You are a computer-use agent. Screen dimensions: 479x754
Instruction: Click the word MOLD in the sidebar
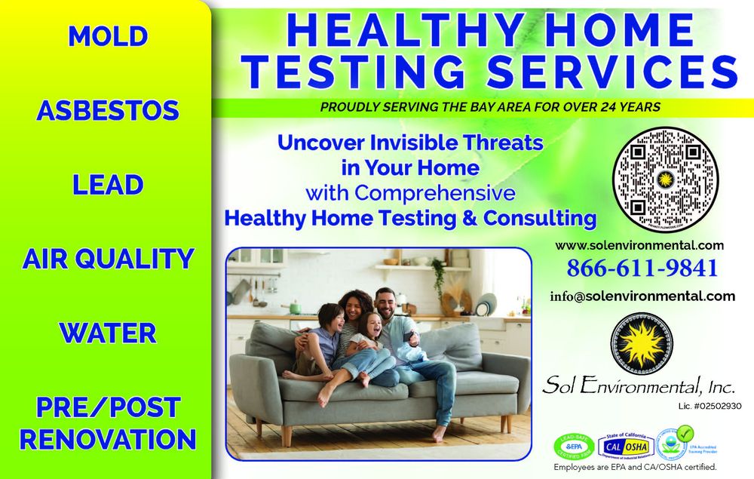107,36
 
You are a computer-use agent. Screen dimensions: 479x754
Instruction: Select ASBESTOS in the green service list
108,111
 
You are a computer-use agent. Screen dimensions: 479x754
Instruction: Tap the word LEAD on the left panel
108,185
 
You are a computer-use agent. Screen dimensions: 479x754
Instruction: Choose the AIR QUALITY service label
108,259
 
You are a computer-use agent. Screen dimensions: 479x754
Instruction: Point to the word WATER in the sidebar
108,333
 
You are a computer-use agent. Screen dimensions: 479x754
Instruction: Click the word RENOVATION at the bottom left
108,438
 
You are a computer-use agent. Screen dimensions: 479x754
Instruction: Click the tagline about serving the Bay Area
490,107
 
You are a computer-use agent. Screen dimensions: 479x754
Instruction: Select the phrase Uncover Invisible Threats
411,142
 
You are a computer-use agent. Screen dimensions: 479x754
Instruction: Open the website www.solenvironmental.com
639,245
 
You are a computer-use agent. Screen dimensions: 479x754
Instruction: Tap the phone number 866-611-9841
642,268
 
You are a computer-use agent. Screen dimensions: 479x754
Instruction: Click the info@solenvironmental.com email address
642,296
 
